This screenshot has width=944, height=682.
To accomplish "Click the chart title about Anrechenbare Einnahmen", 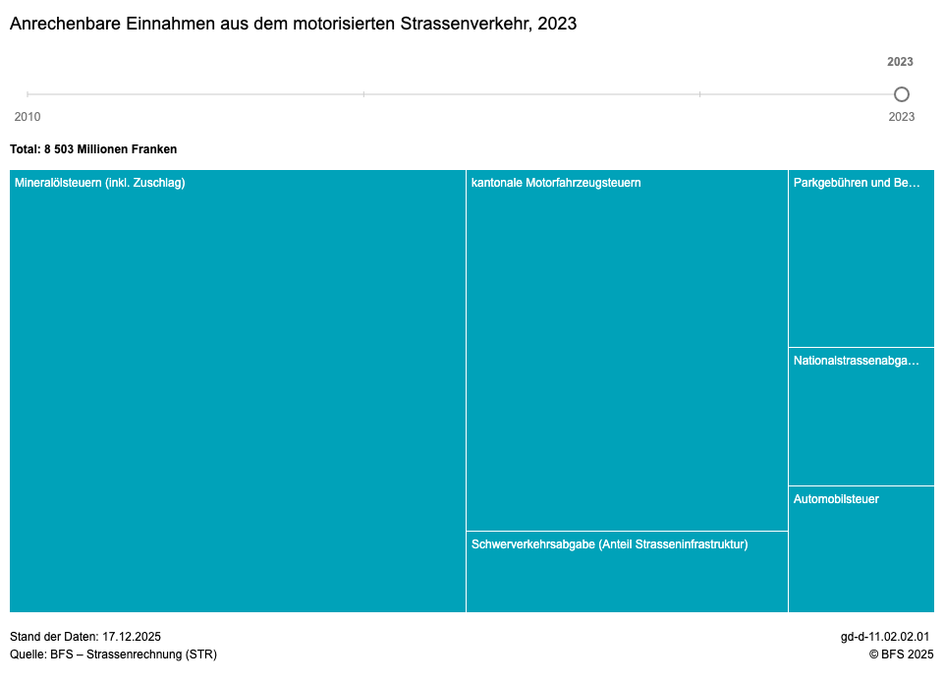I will pos(293,24).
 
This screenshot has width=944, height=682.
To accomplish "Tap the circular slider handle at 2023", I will pos(901,94).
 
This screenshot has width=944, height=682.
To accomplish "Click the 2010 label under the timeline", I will pos(28,117).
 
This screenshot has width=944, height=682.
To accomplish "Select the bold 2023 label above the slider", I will pos(900,62).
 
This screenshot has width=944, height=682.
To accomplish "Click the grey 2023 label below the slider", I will pos(901,117).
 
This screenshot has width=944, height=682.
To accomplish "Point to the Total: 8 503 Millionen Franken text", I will pos(93,149).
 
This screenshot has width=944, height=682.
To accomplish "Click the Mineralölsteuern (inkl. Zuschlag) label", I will pos(100,183).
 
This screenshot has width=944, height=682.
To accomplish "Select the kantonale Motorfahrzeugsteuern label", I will pos(556,183).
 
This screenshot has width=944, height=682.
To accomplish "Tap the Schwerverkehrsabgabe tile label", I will pos(609,544).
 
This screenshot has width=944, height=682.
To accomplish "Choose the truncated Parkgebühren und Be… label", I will pos(857,183).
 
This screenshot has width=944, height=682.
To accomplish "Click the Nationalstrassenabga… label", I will pos(857,361).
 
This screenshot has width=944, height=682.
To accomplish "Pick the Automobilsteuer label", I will pos(836,499).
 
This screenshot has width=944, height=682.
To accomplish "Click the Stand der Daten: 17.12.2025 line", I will pos(85,637).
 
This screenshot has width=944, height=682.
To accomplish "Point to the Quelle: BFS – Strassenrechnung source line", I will pos(113,654).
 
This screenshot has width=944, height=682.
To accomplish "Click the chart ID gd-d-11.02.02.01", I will pos(884,637).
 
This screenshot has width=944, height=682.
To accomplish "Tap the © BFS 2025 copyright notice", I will pos(901,654).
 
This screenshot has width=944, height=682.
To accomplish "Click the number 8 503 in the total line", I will pos(61,149).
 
